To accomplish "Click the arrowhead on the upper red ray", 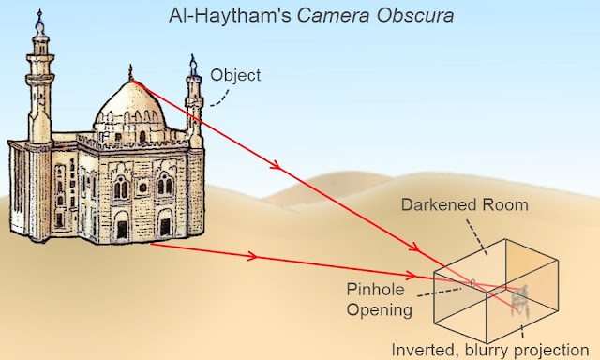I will tap(276, 166).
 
